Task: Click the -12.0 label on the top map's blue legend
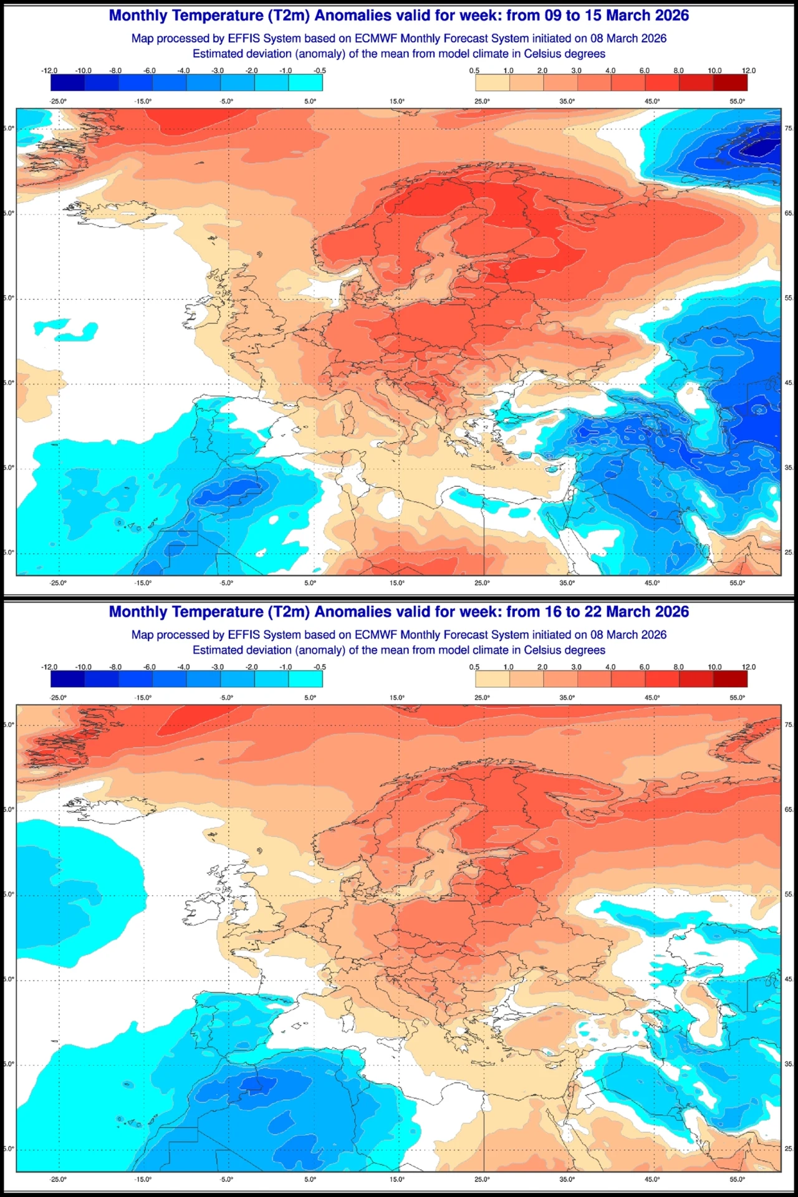tap(49, 70)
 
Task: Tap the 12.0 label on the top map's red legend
tap(748, 70)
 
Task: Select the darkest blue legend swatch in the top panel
tap(67, 83)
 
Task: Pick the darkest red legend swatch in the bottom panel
tap(730, 679)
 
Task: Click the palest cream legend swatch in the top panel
tap(493, 83)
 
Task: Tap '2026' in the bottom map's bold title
tap(668, 612)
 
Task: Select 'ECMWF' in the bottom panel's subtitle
tap(376, 635)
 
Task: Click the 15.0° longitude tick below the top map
tap(397, 583)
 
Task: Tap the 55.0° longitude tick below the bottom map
tap(737, 1179)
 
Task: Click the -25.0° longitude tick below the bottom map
tap(58, 1179)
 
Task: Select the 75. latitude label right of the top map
tap(789, 128)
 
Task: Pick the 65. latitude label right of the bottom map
tap(789, 809)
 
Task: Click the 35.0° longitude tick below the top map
tap(567, 583)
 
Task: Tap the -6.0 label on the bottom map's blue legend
tap(150, 666)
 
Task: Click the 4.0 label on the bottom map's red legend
tap(610, 666)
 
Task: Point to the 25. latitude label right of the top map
tap(789, 552)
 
